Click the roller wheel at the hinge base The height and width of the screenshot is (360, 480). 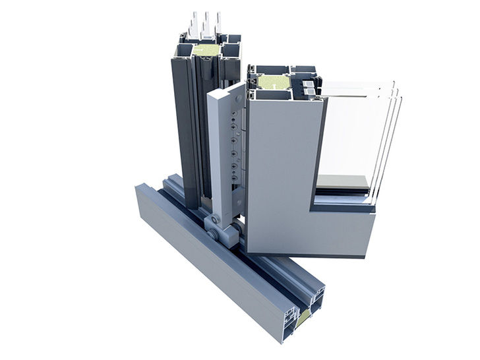214,227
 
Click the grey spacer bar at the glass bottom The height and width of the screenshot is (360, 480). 343,181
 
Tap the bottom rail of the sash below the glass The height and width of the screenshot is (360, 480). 343,227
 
